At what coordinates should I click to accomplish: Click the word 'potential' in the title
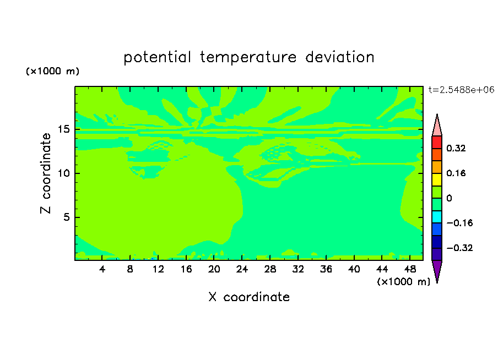(157, 58)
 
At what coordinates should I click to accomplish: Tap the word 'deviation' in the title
(339, 57)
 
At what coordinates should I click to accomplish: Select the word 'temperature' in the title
(248, 58)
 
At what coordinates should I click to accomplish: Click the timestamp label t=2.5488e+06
(461, 90)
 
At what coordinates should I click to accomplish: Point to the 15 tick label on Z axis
(64, 129)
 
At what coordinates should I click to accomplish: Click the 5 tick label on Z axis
(66, 217)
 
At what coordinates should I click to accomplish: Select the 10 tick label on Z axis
(64, 173)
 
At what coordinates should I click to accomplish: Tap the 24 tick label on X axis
(242, 269)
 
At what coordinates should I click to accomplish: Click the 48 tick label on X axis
(410, 269)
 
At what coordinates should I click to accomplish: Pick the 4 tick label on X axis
(102, 269)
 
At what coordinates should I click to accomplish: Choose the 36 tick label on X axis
(326, 269)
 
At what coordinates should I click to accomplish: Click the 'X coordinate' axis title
(249, 297)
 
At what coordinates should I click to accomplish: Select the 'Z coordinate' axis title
(45, 173)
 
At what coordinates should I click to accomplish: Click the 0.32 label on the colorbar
(456, 148)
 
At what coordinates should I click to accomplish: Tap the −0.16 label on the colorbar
(459, 223)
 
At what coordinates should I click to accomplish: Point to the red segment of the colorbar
(437, 142)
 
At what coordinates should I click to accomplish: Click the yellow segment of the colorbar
(437, 179)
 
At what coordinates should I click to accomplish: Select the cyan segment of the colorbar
(437, 217)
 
